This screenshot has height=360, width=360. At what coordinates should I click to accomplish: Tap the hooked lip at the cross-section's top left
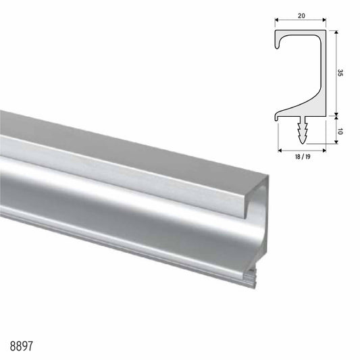click(x=280, y=43)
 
